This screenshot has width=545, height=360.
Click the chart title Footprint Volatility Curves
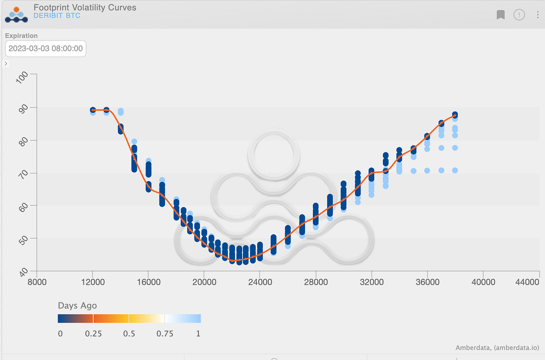(85, 7)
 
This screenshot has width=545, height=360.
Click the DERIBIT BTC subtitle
(57, 16)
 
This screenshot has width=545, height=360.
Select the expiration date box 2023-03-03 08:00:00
(46, 49)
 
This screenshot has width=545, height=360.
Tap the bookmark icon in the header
(500, 15)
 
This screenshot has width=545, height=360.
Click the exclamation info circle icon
(519, 15)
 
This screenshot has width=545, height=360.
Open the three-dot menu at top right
(538, 15)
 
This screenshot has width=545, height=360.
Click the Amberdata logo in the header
(16, 15)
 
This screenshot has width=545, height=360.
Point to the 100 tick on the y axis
(22, 77)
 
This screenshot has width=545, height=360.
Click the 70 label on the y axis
(23, 174)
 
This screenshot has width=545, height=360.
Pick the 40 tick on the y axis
(23, 272)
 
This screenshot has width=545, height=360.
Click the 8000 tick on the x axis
(37, 282)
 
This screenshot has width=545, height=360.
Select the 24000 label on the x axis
(260, 282)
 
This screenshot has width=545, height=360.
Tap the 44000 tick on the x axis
(527, 282)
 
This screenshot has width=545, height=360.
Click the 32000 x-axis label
(372, 282)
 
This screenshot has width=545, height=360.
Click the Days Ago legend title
(77, 306)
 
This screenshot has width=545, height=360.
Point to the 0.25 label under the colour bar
(93, 333)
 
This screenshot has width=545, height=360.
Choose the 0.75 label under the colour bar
(165, 333)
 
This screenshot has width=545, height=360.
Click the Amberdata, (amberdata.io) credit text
(497, 348)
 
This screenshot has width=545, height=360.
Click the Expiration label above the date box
(21, 36)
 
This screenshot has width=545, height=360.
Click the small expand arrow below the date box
(6, 64)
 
